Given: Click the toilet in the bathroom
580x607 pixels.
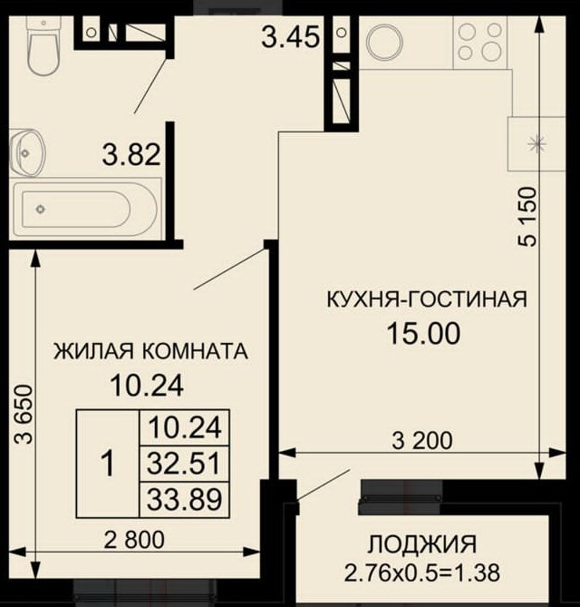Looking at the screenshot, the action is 43,45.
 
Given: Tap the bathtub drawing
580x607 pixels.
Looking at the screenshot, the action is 85,209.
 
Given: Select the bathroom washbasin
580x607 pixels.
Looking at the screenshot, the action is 26,153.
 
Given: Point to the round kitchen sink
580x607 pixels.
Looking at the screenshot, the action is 384,43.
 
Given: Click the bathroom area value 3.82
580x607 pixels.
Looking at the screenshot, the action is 131,154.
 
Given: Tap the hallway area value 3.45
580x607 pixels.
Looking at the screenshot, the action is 290,37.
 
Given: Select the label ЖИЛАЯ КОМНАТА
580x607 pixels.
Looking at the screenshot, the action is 150,351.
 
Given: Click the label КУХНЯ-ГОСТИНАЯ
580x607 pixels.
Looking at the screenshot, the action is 427,299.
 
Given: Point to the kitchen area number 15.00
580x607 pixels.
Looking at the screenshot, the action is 424,334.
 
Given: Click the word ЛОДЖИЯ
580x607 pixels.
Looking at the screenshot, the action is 421,544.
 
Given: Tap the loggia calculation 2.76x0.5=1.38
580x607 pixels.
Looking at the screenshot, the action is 422,573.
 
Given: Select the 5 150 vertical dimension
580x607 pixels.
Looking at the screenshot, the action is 527,217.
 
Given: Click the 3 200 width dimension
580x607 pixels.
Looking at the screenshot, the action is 421,441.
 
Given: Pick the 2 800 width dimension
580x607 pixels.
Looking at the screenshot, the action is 134,540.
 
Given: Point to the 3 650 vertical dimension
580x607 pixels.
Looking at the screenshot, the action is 24,414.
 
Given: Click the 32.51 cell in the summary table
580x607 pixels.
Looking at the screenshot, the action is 184,464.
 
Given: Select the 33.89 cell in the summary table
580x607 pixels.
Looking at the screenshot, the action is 185,499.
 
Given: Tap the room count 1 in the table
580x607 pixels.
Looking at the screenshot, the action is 108,463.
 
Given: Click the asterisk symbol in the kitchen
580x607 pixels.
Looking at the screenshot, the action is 537,144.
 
